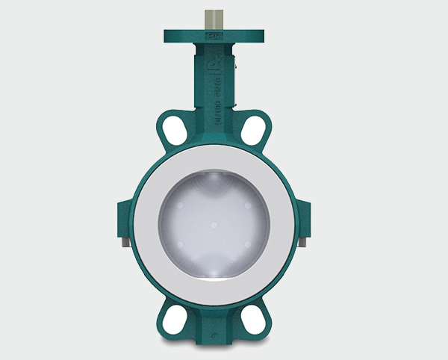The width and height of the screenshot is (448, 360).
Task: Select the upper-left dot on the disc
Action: [x=181, y=204]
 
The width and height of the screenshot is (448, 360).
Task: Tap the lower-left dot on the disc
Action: [x=181, y=246]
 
